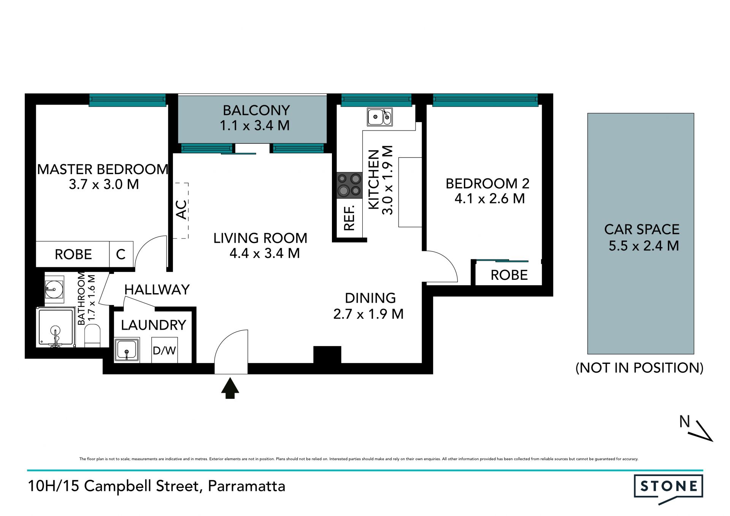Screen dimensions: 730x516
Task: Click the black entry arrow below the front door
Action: (x=230, y=388)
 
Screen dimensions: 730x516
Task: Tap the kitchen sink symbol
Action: (x=379, y=117)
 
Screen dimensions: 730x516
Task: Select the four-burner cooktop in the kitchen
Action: (x=349, y=185)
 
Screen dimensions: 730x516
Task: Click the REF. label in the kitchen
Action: (x=349, y=218)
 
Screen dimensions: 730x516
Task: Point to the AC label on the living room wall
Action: (x=182, y=210)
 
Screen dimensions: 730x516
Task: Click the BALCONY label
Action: (x=256, y=110)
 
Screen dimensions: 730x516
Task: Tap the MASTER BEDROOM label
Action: (x=103, y=169)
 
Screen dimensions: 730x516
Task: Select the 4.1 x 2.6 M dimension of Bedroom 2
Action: (x=490, y=198)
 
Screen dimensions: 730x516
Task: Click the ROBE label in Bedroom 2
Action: (x=509, y=275)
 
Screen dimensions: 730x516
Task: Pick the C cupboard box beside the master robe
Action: (x=121, y=254)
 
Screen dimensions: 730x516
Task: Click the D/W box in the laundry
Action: (x=164, y=350)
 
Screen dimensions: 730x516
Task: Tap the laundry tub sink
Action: (x=127, y=350)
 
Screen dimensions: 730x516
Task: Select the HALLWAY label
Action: (x=157, y=290)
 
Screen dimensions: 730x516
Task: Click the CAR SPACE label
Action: (x=642, y=229)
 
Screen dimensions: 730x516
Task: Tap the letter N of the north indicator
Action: (x=684, y=421)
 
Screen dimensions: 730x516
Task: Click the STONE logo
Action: (x=668, y=489)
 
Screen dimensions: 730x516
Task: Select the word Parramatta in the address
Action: (x=246, y=486)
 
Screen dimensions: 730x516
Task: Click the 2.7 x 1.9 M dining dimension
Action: (x=368, y=314)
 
